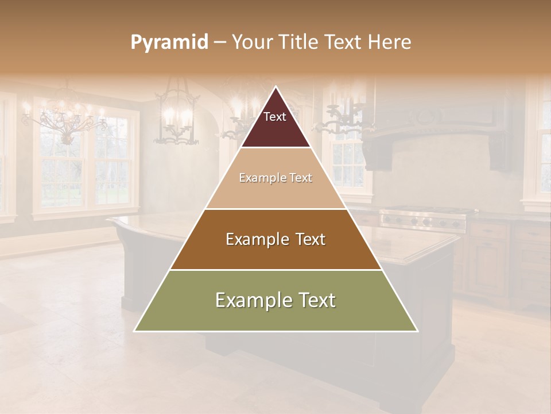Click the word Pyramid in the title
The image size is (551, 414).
tap(169, 43)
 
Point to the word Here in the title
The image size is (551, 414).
tap(389, 43)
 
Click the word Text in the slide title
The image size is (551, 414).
tap(344, 43)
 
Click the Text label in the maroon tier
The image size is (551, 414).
tap(275, 117)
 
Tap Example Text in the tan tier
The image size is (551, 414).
tap(275, 178)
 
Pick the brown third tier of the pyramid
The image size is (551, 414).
tap(275, 247)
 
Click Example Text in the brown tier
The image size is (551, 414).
tap(275, 239)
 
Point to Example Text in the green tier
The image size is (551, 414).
tap(275, 300)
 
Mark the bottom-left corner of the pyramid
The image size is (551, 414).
tap(135, 330)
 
